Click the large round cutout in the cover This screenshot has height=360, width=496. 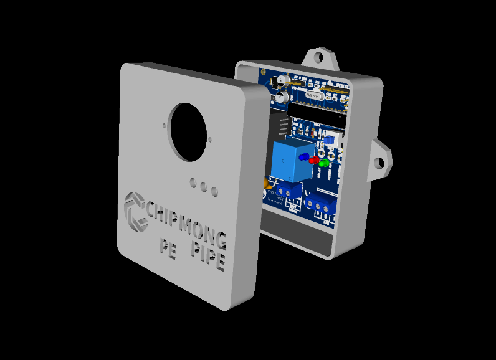(x=188, y=131)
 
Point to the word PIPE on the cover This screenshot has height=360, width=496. (x=207, y=257)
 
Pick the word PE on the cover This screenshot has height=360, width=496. (x=168, y=249)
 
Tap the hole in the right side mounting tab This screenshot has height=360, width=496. (x=379, y=163)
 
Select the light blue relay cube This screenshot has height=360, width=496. (x=290, y=161)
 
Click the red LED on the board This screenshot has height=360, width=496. (x=313, y=161)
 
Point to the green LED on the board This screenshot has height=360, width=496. (x=323, y=164)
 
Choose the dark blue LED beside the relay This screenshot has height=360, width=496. (x=304, y=157)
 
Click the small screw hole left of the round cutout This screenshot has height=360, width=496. (x=165, y=123)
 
